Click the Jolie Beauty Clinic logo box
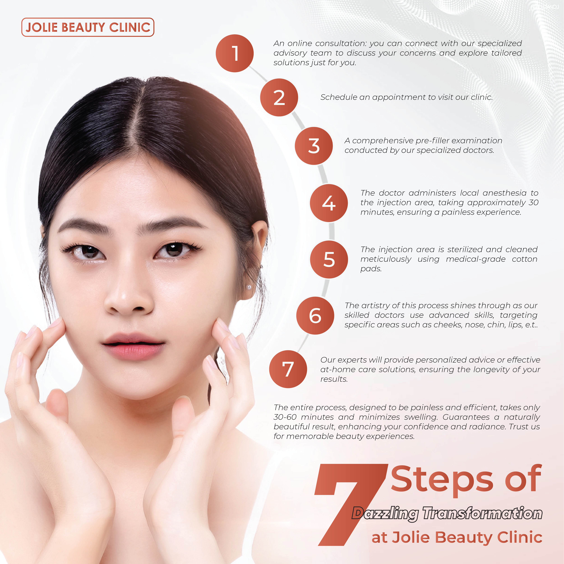(88, 27)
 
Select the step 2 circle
(279, 97)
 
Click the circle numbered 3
(314, 146)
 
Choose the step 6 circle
(315, 316)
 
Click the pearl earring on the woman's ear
(249, 287)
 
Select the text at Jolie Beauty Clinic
(457, 537)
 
